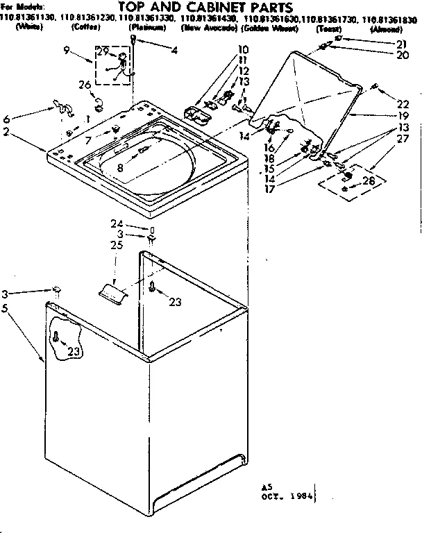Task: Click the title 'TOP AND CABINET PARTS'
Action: (212, 8)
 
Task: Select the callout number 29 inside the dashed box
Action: (102, 53)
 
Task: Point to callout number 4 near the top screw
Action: (173, 50)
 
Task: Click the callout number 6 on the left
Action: (8, 119)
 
